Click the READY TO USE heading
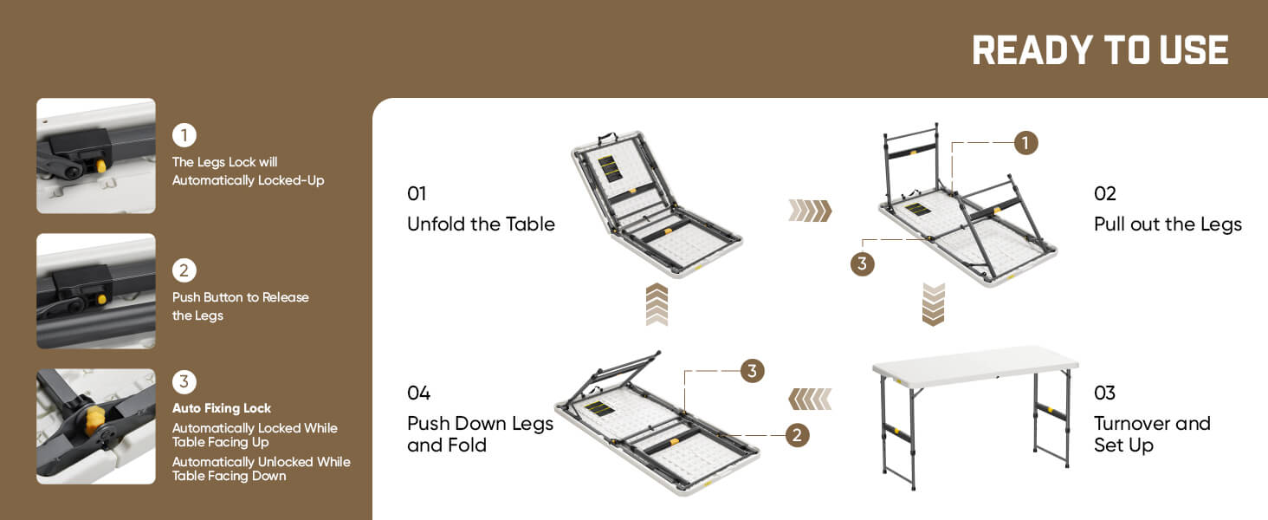coord(1100,50)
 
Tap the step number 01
coord(417,194)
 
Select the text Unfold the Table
coord(481,224)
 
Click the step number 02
coord(1105,194)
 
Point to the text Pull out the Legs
coord(1168,224)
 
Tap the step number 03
coord(1104,393)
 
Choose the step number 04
coord(419,393)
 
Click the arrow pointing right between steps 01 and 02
coord(810,211)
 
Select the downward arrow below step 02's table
coord(933,305)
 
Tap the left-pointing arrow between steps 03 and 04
coord(810,400)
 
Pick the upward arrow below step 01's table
coord(657,305)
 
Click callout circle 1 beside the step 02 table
coord(1025,143)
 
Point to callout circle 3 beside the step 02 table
coord(862,264)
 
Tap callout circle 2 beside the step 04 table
coord(797,435)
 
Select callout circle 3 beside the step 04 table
coord(753,371)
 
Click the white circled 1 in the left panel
coord(184,135)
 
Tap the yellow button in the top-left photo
coord(101,166)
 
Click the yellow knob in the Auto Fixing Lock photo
coord(93,420)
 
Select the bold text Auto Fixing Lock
coord(222,408)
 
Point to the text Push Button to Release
coord(241,297)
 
